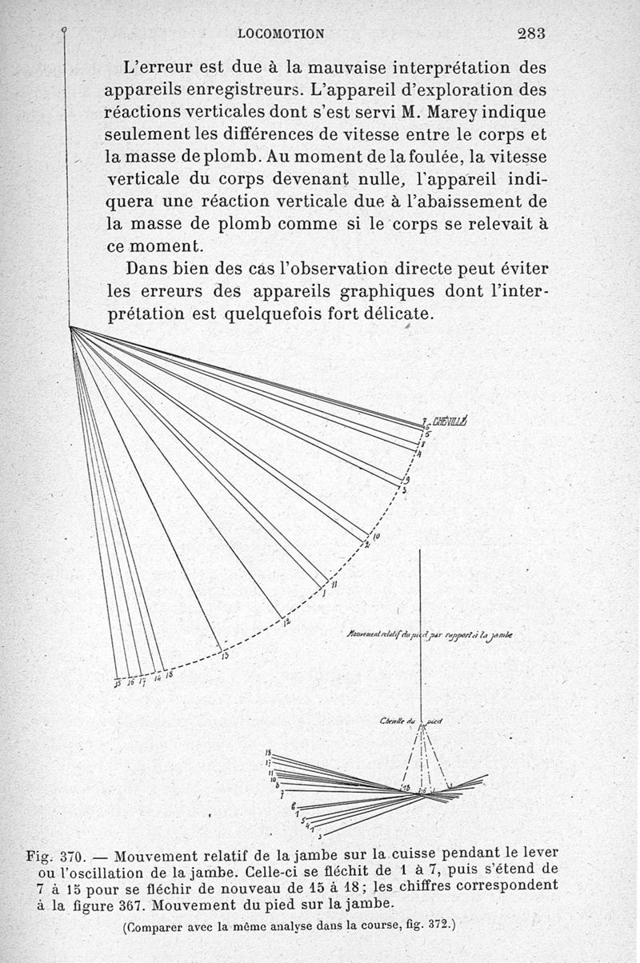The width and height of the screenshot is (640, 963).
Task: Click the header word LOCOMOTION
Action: tap(282, 34)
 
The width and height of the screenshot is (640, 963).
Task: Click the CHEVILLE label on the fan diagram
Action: tap(453, 422)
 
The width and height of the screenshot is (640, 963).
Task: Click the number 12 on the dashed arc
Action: tap(286, 621)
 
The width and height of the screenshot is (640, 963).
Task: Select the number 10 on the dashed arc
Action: tap(375, 535)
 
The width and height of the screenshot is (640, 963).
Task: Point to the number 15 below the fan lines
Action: tap(117, 683)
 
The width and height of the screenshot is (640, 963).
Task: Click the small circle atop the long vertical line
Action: tap(64, 30)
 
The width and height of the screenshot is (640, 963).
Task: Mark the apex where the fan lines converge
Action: tap(70, 327)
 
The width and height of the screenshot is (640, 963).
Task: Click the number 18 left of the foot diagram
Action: tap(270, 753)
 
